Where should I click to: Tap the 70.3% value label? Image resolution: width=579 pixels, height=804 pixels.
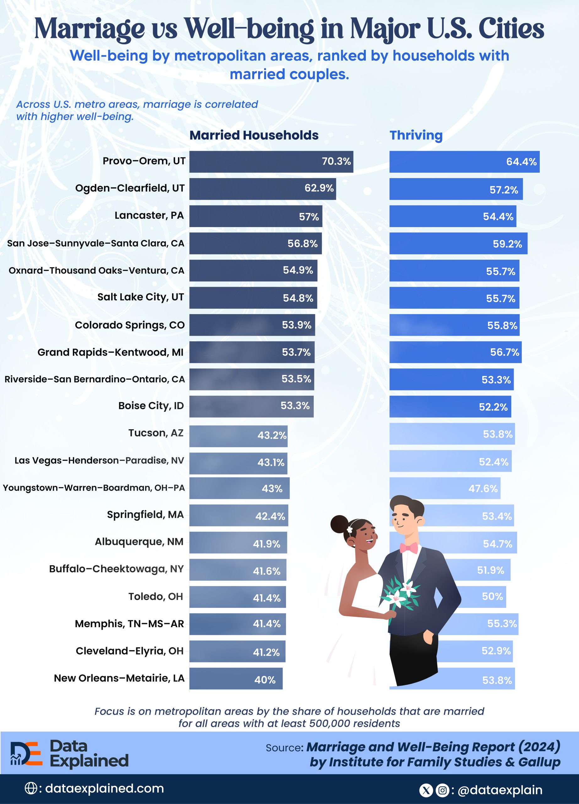[336, 161]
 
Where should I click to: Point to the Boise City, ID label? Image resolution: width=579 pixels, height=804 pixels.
[151, 405]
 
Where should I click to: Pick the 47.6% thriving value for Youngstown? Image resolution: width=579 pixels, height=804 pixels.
[483, 488]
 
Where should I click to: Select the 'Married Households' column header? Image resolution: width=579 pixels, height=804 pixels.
[254, 135]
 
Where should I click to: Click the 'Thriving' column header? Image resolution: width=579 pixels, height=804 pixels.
[416, 135]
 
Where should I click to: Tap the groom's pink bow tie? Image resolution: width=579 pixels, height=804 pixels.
[409, 548]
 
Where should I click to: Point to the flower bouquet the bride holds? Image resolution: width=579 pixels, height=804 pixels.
[400, 594]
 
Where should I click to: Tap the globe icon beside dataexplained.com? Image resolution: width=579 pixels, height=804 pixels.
[31, 788]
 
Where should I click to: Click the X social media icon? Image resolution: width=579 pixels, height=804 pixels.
[425, 790]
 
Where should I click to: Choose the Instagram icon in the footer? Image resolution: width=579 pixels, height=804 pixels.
[442, 790]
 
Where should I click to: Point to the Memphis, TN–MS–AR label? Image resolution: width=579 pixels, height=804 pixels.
[129, 623]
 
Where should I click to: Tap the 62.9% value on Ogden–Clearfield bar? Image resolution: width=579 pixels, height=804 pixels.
[319, 188]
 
